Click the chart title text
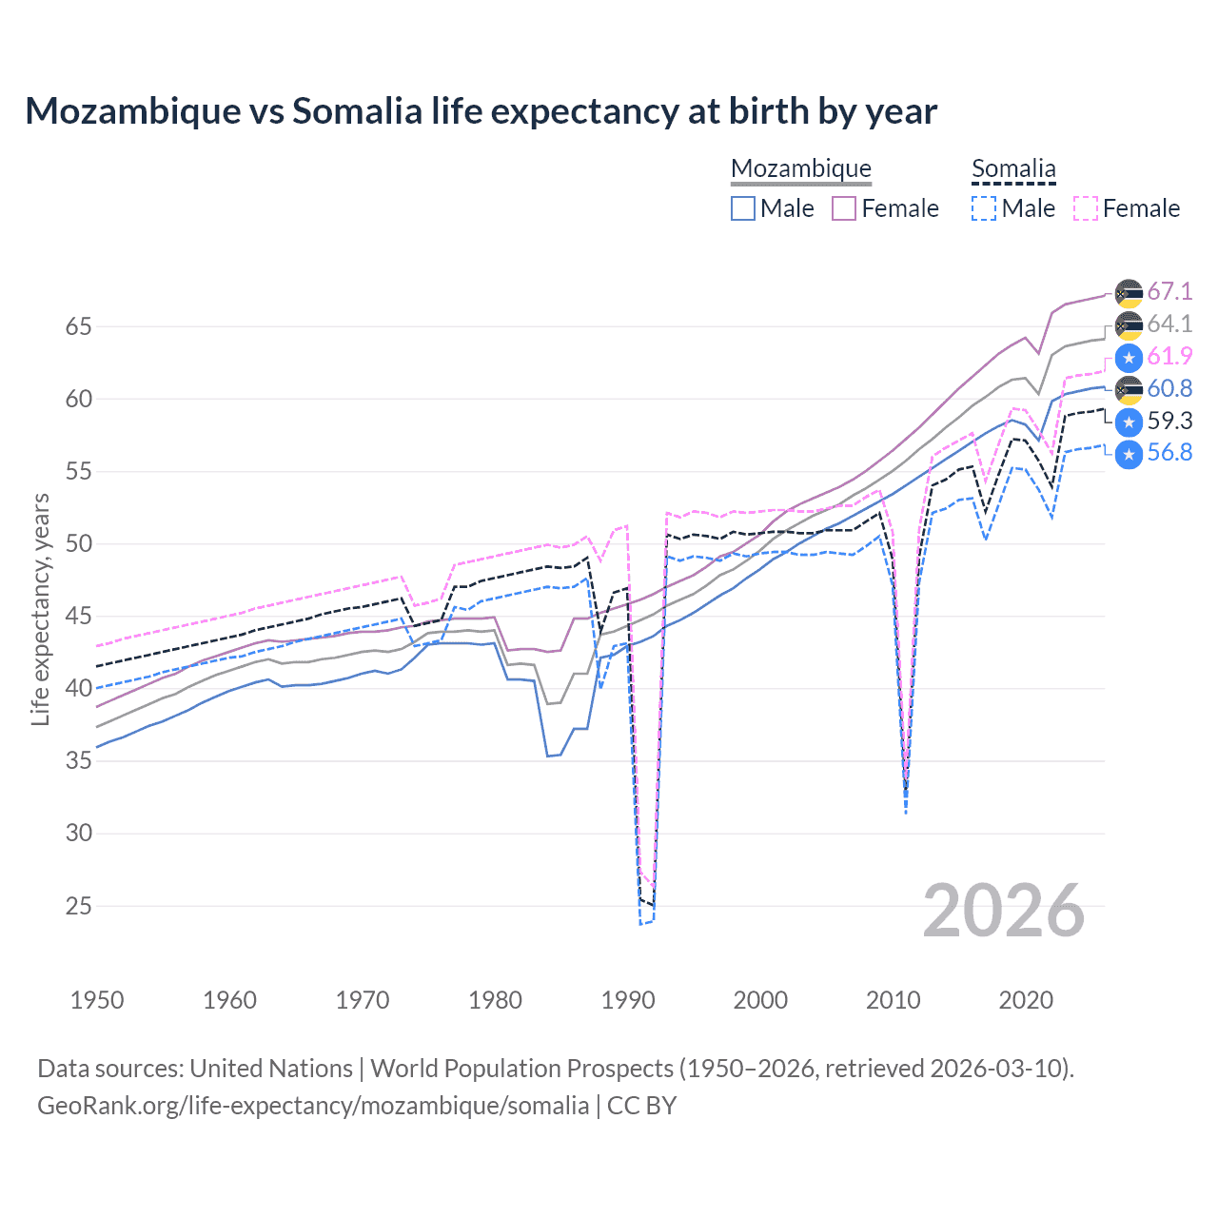(x=481, y=111)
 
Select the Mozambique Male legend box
(x=743, y=208)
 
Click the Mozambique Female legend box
(x=844, y=208)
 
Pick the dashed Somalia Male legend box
(x=984, y=208)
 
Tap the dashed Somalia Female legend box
(x=1086, y=208)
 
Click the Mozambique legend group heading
(x=800, y=168)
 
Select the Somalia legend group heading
(x=1013, y=168)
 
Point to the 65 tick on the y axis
(x=78, y=326)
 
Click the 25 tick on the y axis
(x=78, y=906)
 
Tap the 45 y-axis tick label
(x=78, y=617)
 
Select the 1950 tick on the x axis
(x=97, y=1000)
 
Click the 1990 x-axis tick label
(x=628, y=1000)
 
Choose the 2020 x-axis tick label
(x=1026, y=1000)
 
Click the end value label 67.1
(x=1169, y=291)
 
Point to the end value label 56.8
(x=1169, y=452)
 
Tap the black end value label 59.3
(x=1169, y=421)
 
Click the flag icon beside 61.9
(x=1129, y=358)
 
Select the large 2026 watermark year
(x=1003, y=911)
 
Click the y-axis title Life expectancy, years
(x=40, y=609)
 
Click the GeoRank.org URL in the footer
(x=313, y=1106)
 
